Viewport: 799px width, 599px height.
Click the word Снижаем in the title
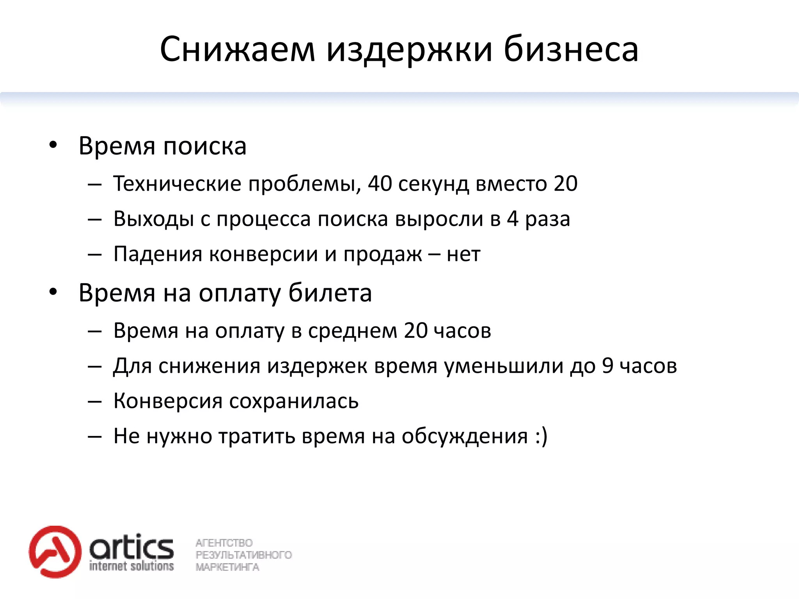pyautogui.click(x=237, y=50)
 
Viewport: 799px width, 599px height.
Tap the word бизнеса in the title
pyautogui.click(x=571, y=50)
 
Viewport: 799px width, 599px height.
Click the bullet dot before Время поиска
pyautogui.click(x=53, y=145)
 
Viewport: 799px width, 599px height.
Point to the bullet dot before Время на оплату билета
pyautogui.click(x=53, y=292)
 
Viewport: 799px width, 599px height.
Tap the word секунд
pyautogui.click(x=433, y=184)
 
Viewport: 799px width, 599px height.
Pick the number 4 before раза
pyautogui.click(x=513, y=219)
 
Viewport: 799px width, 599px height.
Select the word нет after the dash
pyautogui.click(x=463, y=254)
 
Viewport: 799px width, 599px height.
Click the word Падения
pyautogui.click(x=158, y=254)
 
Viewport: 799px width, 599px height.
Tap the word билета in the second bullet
pyautogui.click(x=330, y=292)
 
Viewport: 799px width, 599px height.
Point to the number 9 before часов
pyautogui.click(x=607, y=366)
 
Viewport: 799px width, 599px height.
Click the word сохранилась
pyautogui.click(x=294, y=401)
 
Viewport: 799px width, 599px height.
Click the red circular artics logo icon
pyautogui.click(x=55, y=551)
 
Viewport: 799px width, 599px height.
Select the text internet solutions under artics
pyautogui.click(x=131, y=566)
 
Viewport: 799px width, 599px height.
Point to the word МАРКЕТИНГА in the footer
pyautogui.click(x=227, y=567)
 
